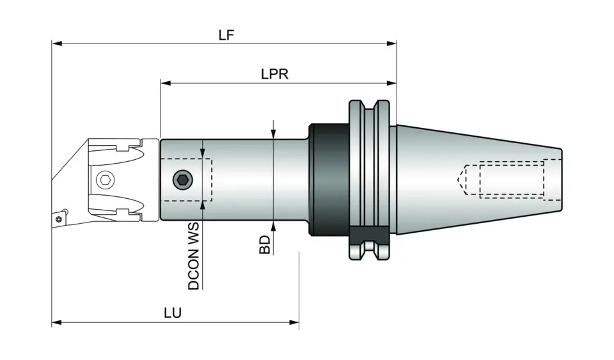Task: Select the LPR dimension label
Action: click(274, 74)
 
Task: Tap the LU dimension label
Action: click(172, 313)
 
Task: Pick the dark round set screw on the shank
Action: click(183, 180)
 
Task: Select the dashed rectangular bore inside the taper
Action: click(512, 179)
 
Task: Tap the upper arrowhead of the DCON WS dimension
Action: click(203, 153)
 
